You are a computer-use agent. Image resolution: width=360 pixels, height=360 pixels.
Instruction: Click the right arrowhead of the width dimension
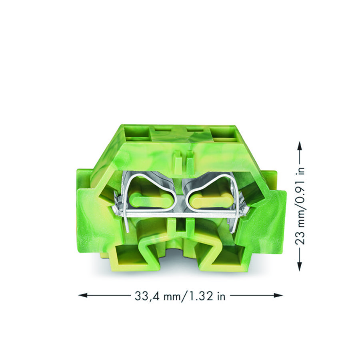[x=278, y=295]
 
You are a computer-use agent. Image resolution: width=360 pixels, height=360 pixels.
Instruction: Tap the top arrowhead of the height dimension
[x=299, y=146]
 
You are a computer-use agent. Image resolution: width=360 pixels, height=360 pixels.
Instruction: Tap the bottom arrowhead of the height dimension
[x=299, y=266]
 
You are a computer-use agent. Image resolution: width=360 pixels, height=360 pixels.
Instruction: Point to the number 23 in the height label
[x=300, y=239]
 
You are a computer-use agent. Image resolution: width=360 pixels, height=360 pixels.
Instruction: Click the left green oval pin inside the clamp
[x=151, y=200]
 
